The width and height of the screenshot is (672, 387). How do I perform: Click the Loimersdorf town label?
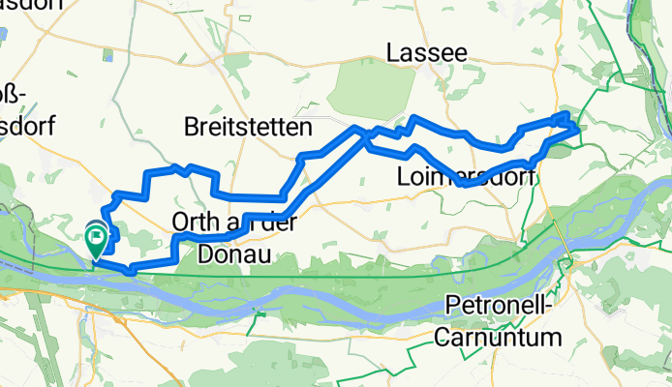point(466,177)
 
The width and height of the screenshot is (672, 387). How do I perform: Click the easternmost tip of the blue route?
point(578,126)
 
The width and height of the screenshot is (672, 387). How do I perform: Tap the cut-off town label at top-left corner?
point(31,5)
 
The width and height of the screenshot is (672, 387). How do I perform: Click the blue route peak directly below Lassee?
point(415,119)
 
